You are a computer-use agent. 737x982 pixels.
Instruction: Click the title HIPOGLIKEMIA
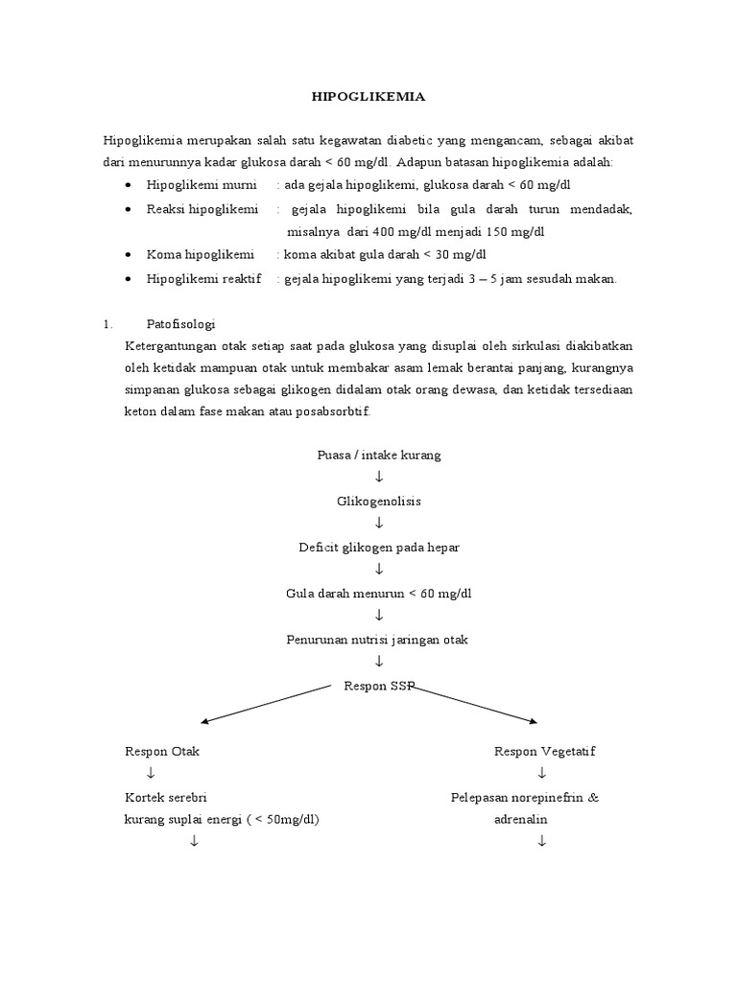369,97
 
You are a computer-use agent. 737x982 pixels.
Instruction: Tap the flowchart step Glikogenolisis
379,502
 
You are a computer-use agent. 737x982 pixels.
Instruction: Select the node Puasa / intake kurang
379,455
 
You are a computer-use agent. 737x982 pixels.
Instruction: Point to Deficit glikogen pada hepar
379,548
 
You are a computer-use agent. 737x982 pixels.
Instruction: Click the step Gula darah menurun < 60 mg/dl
379,594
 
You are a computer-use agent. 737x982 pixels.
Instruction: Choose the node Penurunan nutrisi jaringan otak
379,640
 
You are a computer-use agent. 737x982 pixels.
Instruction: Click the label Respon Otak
162,751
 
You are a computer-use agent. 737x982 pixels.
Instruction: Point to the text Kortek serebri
166,797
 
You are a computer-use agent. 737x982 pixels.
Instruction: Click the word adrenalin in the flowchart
523,820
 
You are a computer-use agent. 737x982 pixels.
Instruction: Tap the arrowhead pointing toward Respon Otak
204,722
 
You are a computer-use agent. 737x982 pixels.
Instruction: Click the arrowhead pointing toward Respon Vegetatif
532,721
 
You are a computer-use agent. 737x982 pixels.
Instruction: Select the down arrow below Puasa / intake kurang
379,478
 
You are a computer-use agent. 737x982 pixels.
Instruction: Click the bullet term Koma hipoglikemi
201,255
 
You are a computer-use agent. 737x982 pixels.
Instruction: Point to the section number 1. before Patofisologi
108,323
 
